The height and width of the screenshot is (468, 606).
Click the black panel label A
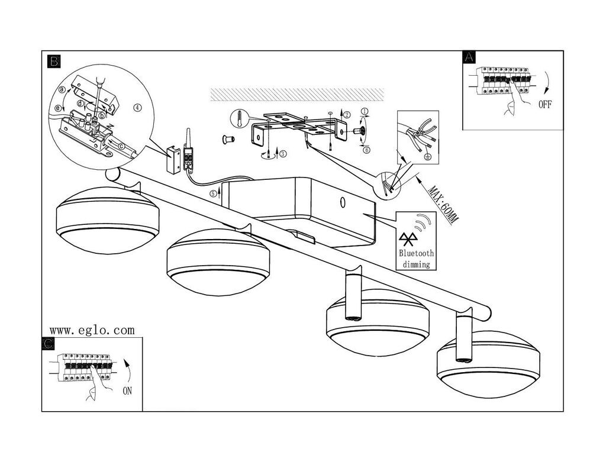point(469,57)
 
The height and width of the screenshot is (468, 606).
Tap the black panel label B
point(54,61)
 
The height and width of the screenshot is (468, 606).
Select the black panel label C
point(49,344)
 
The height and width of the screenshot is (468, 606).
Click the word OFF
point(545,104)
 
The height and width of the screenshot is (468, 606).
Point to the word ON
point(127,391)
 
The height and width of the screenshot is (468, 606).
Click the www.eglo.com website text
point(92,330)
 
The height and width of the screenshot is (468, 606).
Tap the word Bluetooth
point(416,253)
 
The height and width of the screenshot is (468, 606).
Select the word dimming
point(416,264)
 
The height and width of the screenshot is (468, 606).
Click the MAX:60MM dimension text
point(443,205)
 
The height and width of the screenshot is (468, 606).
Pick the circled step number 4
point(138,108)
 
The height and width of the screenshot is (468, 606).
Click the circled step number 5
point(214,193)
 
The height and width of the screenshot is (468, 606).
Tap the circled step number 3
point(283,154)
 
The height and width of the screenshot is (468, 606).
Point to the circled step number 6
point(366,150)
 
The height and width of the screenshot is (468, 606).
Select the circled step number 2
point(347,114)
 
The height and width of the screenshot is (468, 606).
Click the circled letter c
point(122,146)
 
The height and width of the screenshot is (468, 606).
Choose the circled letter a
point(62,89)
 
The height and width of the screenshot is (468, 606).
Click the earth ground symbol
point(427,156)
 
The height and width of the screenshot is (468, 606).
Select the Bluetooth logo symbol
point(406,240)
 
